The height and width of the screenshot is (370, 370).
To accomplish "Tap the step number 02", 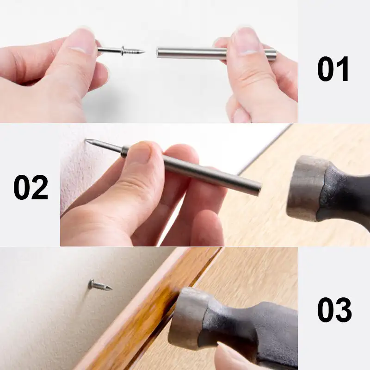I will (31, 187).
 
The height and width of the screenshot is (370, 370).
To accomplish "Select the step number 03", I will (334, 309).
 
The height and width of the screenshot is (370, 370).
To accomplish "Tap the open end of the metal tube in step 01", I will (159, 53).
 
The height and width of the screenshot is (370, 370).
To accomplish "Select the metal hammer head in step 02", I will (306, 187).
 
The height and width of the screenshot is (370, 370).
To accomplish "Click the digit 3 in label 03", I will (343, 309).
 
